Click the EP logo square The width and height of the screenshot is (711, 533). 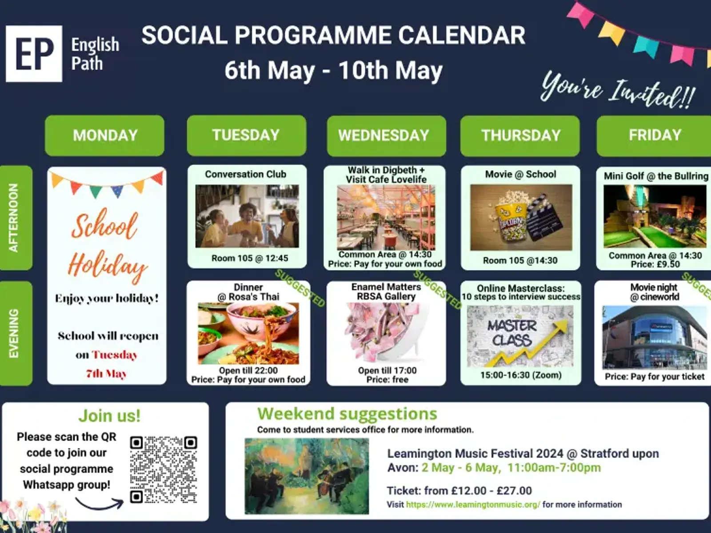pos(34,53)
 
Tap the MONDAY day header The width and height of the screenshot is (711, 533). pos(104,135)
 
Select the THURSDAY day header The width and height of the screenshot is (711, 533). pos(520,136)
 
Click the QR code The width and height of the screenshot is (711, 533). pos(164,469)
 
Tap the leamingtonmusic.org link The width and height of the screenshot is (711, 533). pos(473,505)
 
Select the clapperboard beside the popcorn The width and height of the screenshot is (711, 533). pos(546,219)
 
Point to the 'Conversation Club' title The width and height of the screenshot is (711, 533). pos(246,174)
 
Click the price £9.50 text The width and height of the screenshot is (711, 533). pos(666,264)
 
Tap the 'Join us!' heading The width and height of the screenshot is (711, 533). pos(109,416)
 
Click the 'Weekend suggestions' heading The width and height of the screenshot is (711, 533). pos(347,414)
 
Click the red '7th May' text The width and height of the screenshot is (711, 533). pos(106,374)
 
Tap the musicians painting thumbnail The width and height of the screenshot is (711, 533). pos(307,476)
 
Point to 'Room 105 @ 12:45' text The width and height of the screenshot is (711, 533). pos(250,258)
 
